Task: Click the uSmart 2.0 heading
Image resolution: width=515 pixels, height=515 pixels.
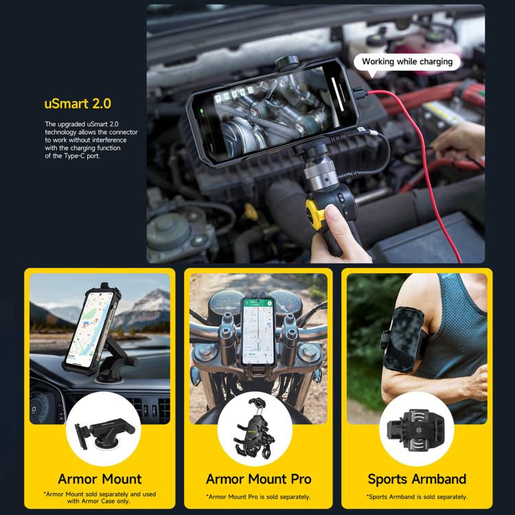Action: point(77,104)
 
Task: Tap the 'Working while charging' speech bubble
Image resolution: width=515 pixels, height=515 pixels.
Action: point(407,62)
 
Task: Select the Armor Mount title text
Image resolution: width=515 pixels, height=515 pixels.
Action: point(100,479)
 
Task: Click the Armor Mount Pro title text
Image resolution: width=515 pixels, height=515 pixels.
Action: point(258,479)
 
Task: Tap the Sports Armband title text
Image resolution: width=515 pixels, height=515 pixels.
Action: point(417,479)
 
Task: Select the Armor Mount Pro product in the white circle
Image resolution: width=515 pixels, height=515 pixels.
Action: point(258,434)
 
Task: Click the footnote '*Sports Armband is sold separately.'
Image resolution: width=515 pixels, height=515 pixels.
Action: point(417,496)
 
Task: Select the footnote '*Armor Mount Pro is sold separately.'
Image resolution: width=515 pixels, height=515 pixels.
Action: point(258,496)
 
